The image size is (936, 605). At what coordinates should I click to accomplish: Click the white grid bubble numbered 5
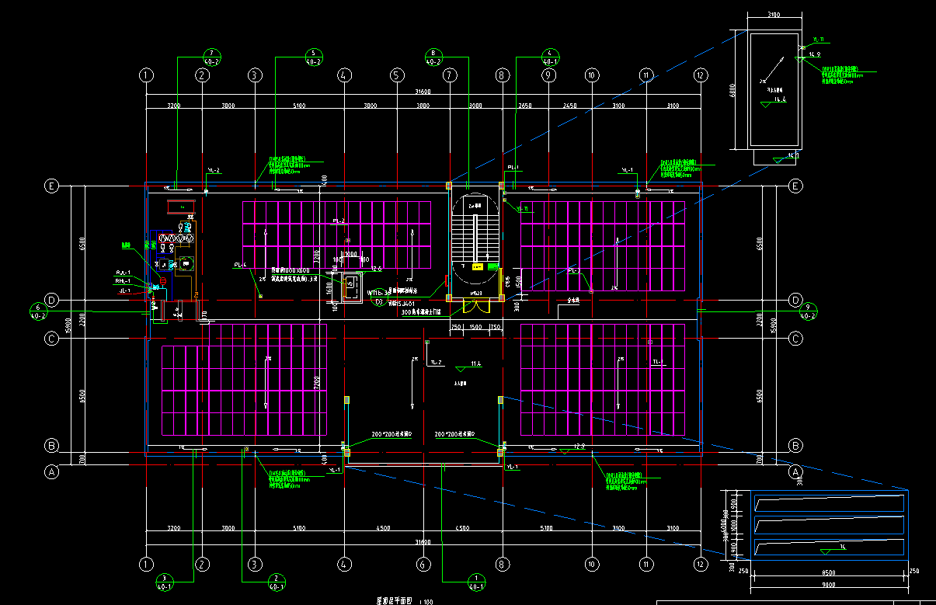point(397,75)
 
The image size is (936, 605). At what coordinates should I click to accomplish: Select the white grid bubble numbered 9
point(548,75)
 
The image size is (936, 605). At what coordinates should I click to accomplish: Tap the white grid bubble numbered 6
point(423,565)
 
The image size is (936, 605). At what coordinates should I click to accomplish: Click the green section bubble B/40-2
point(433,56)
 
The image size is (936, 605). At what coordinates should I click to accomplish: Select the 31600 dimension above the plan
point(423,91)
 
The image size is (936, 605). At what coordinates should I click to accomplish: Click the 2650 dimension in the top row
point(525,105)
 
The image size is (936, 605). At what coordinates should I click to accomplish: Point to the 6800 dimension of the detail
point(732,91)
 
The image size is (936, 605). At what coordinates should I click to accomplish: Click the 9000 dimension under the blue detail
point(828,584)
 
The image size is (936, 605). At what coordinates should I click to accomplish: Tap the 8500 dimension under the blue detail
point(828,573)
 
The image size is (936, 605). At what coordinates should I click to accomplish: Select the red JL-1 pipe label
point(124,290)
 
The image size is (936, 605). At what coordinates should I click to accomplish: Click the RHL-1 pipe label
point(123,281)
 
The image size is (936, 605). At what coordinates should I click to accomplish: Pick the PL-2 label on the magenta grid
point(339,221)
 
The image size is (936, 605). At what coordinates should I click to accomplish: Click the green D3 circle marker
point(378,301)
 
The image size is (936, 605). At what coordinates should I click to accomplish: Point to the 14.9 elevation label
point(815,54)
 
